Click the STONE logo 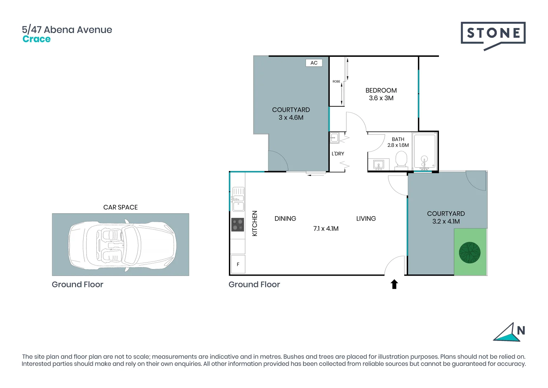click(493, 34)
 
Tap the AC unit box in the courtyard click(314, 63)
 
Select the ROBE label click(336, 82)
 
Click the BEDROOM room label click(381, 91)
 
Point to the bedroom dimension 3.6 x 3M click(381, 98)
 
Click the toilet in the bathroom click(401, 160)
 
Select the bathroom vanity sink click(378, 165)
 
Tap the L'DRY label click(337, 154)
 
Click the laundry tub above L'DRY click(334, 138)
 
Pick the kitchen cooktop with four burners click(237, 225)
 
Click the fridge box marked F click(238, 264)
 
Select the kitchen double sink click(238, 199)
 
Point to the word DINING click(285, 218)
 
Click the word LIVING click(366, 218)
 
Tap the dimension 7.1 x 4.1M click(326, 228)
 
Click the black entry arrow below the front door click(394, 284)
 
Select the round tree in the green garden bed click(469, 253)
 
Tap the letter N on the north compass click(521, 330)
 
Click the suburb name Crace click(37, 39)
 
